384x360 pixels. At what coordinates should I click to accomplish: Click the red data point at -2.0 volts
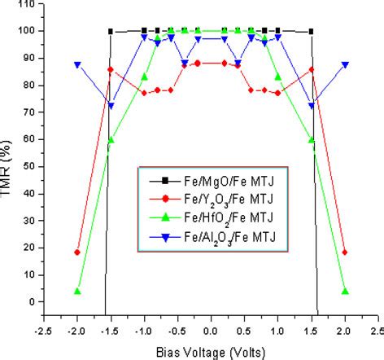point(77,252)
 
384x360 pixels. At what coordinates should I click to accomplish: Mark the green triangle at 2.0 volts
point(345,291)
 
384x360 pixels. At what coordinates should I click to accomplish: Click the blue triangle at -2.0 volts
point(77,65)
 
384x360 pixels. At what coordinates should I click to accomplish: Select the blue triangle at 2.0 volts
point(345,65)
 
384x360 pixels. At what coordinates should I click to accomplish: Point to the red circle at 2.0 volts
point(345,252)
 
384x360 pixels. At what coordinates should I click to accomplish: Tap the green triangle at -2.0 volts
point(77,291)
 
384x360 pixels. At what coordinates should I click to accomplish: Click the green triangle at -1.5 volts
point(111,139)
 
